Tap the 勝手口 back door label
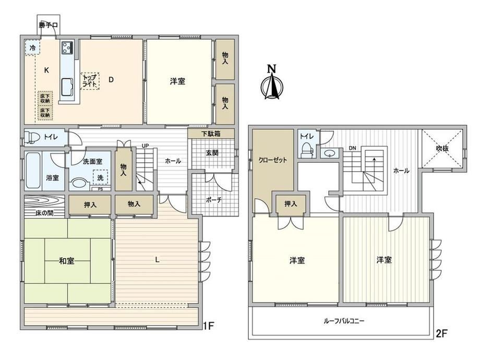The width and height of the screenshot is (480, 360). [49, 25]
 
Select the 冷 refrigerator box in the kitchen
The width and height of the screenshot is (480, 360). [32, 48]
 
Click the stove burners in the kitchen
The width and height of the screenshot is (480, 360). [67, 47]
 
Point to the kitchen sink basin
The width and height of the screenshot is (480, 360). [67, 87]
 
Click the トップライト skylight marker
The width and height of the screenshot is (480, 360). [90, 81]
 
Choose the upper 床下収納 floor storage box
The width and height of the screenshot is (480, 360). [45, 98]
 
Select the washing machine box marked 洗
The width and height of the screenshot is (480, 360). [100, 177]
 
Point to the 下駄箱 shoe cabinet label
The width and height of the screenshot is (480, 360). [211, 134]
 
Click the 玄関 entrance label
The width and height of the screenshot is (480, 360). [212, 153]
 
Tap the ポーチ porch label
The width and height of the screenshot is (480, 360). [213, 200]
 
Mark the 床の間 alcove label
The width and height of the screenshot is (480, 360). [44, 213]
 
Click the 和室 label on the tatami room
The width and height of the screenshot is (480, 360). [67, 261]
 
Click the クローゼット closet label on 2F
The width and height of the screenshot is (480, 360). [272, 160]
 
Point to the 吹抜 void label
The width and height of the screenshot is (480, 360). [442, 149]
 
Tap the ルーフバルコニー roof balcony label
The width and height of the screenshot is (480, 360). [344, 321]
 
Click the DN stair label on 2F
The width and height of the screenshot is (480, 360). [352, 148]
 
